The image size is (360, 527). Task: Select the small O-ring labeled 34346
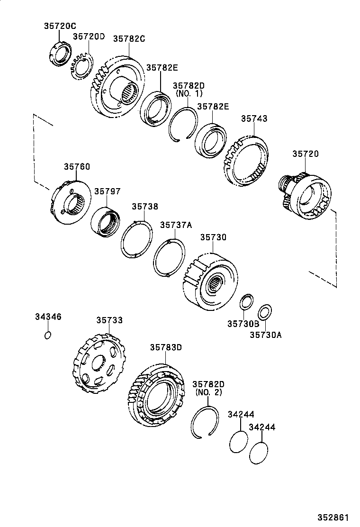[48, 336]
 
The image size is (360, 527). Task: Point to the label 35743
[254, 119]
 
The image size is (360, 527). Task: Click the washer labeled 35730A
[265, 313]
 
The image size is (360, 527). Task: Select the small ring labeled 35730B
[246, 301]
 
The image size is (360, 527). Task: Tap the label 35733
[109, 320]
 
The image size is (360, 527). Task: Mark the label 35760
[77, 166]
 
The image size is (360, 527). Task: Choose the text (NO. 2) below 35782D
[208, 392]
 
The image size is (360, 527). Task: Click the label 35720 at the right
[305, 154]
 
